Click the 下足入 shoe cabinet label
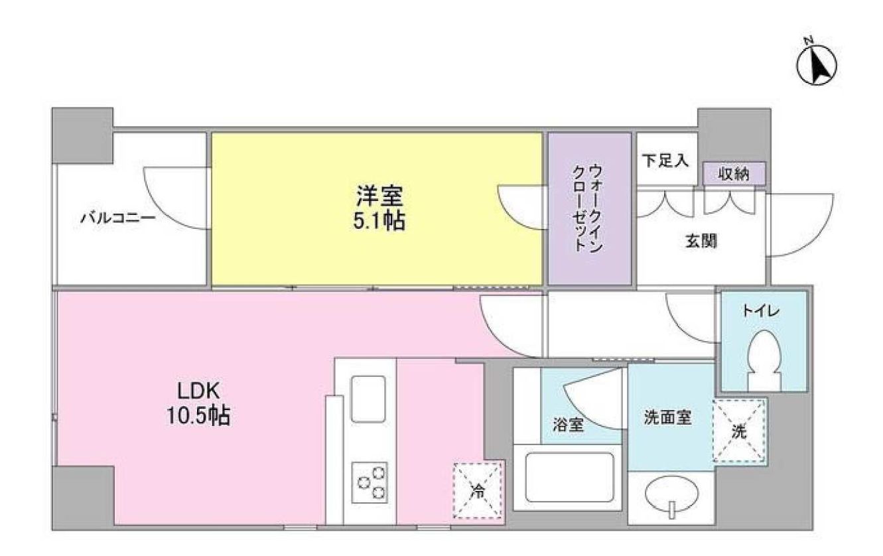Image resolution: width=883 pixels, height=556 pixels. click(665, 161)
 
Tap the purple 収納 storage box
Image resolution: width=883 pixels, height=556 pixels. click(734, 174)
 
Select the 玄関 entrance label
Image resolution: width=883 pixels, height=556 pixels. click(701, 242)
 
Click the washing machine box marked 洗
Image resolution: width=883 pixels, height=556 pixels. click(739, 431)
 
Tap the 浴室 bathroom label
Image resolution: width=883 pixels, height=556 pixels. click(569, 425)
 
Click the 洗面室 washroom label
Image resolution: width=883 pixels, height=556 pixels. click(668, 418)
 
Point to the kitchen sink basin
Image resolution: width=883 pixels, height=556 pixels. click(368, 398)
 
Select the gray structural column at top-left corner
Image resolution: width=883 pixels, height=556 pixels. click(82, 135)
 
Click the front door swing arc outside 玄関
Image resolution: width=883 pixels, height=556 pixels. click(799, 226)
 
